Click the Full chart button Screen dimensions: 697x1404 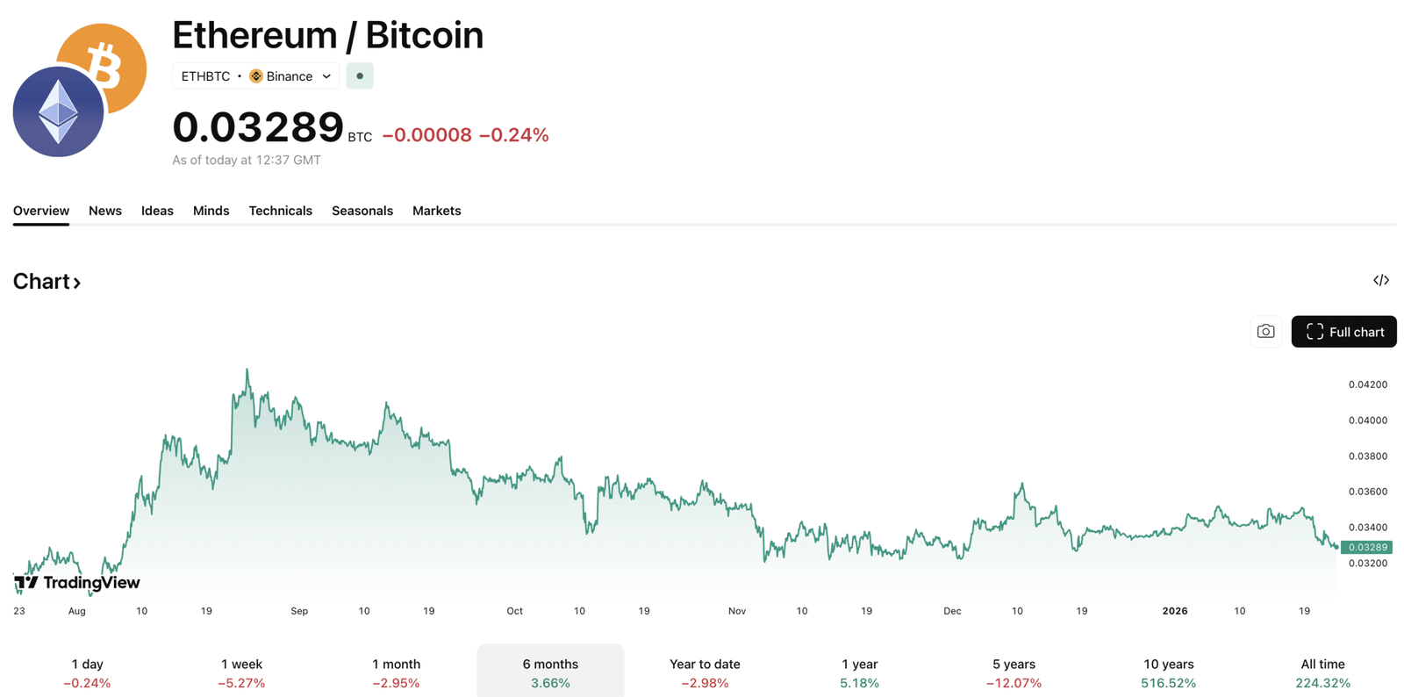1343,332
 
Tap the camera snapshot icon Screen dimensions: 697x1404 1265,332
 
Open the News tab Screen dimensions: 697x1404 105,211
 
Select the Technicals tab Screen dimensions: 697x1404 280,211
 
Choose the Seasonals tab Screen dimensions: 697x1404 362,211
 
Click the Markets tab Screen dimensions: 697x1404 436,211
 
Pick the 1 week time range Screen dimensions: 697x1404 241,672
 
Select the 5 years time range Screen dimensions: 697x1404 1014,672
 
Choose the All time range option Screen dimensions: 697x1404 1322,672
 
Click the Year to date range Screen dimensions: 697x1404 705,672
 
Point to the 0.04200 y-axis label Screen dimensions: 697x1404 1368,384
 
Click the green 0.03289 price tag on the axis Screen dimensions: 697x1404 1367,547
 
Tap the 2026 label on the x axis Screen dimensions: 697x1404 1174,611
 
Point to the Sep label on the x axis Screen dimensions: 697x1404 299,611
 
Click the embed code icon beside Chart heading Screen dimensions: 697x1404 1381,281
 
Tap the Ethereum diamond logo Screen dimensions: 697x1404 58,112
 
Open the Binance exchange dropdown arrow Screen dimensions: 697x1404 326,76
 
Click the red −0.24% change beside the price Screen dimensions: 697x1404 513,135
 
